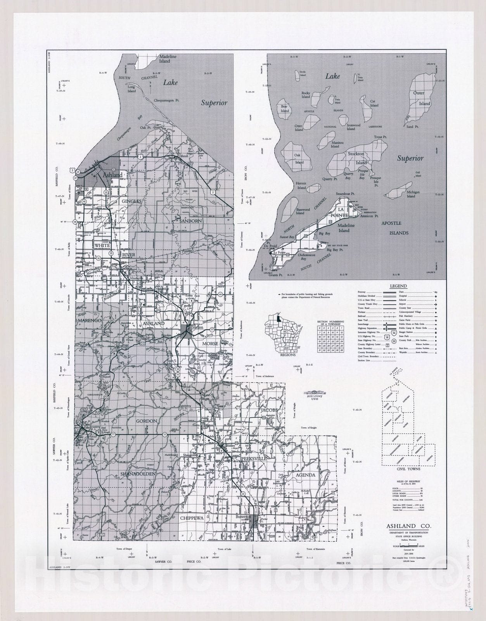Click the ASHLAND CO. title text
[408, 526]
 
